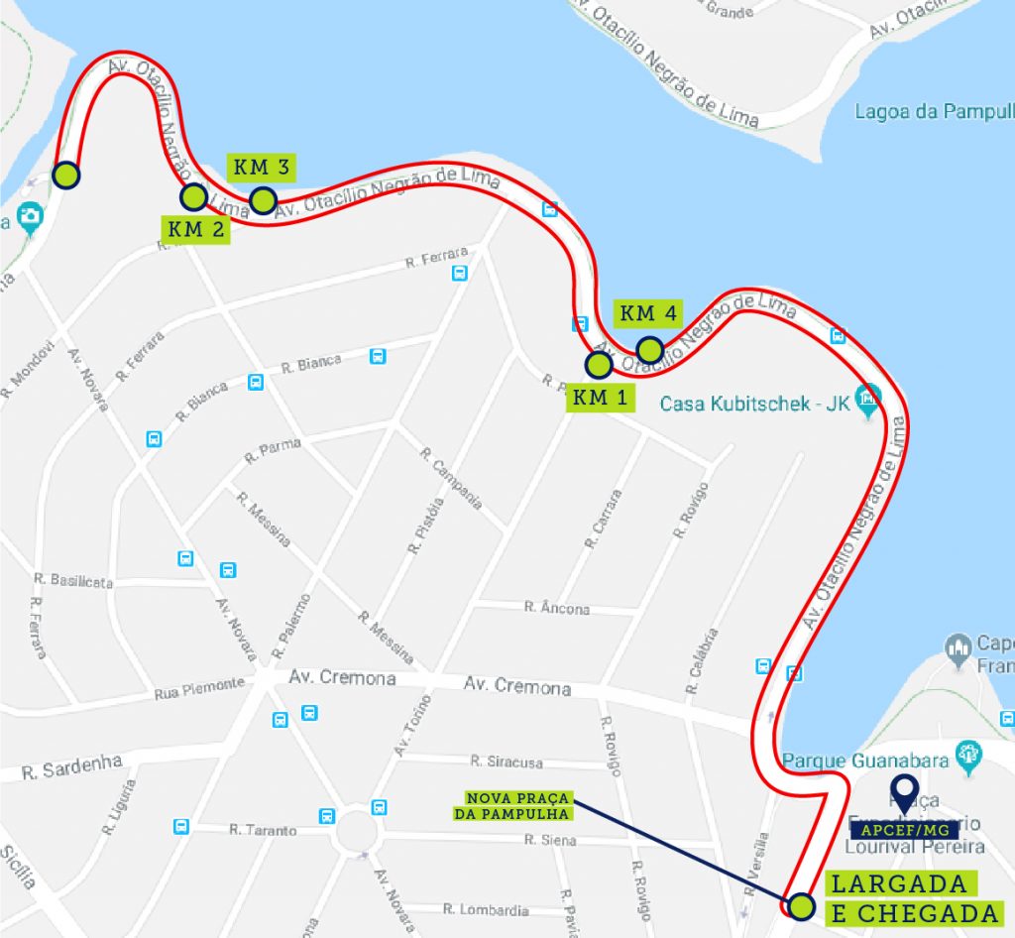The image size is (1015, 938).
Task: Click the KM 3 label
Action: (263, 168)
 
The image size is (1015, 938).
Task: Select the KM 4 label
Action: (648, 313)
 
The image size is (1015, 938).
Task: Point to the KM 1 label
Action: (600, 399)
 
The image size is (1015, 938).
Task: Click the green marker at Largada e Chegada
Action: (801, 905)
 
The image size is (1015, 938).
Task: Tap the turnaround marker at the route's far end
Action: (65, 176)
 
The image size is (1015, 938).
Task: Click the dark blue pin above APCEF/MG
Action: (903, 792)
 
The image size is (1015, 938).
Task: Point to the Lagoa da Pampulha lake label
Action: (932, 111)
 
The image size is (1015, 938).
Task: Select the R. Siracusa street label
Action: (507, 762)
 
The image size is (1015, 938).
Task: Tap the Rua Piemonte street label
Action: (199, 684)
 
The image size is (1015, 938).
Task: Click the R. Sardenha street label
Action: (71, 766)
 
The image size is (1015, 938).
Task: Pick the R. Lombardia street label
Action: (486, 908)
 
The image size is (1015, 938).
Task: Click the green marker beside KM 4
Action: (649, 350)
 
